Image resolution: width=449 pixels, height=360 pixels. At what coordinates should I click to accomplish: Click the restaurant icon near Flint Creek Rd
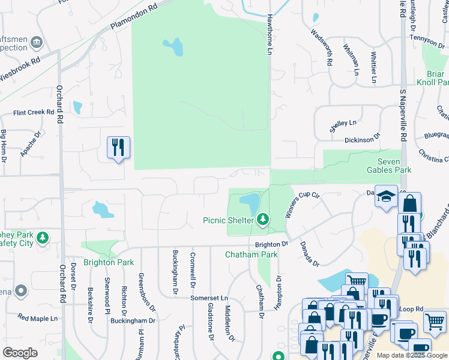[x=118, y=148]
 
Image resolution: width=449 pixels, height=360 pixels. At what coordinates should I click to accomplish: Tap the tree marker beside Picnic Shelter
[x=262, y=220]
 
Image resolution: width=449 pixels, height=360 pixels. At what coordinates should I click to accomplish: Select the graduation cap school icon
[x=386, y=197]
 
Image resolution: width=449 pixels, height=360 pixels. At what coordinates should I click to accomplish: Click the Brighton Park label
[x=108, y=262]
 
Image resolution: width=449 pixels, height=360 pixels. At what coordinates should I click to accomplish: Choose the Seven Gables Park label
[x=388, y=166]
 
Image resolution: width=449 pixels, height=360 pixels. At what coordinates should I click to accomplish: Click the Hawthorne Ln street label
[x=270, y=35]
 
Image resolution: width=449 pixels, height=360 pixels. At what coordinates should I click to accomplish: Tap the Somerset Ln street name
[x=209, y=298]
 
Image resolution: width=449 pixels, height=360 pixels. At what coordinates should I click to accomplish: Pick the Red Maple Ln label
[x=37, y=317]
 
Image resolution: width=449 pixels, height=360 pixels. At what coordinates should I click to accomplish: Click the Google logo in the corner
[x=20, y=353]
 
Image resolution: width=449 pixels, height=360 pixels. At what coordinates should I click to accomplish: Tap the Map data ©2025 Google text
[x=411, y=355]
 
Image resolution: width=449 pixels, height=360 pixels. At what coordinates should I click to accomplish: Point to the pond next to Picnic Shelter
[x=250, y=201]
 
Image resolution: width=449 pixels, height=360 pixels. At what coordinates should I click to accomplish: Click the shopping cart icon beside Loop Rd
[x=435, y=322]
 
